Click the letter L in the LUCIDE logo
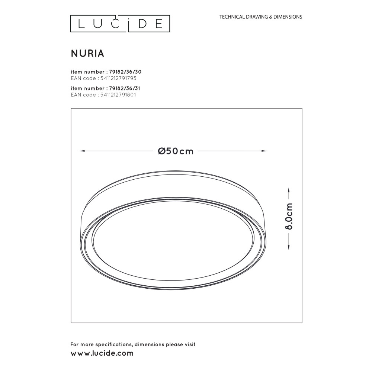tap(81, 24)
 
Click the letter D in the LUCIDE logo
tap(143, 24)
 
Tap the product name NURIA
tap(87, 54)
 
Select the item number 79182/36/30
tap(125, 72)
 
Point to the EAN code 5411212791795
tap(118, 78)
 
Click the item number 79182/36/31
tap(125, 88)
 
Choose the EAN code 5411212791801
tap(118, 95)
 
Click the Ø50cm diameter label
tap(176, 151)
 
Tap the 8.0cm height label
tap(289, 217)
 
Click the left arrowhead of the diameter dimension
tap(82, 151)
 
